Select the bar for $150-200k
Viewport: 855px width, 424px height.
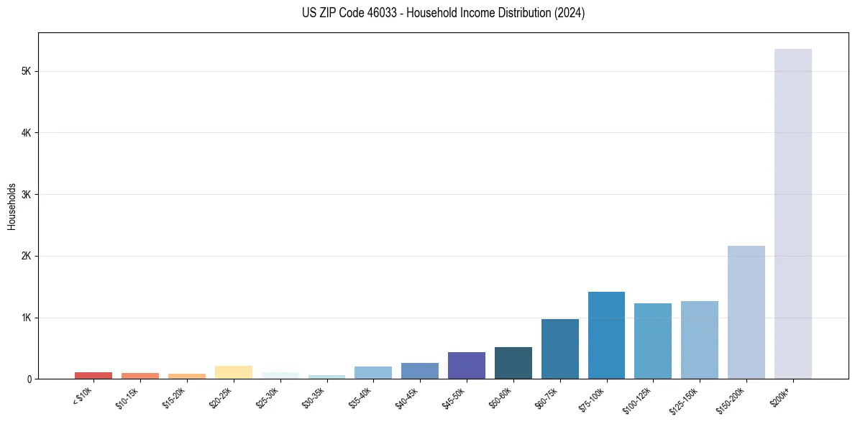pos(746,312)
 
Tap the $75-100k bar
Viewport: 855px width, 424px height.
pos(606,335)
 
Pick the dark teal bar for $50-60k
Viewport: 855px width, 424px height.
pos(513,363)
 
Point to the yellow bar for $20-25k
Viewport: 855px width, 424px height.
pos(233,372)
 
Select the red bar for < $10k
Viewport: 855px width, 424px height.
pos(93,375)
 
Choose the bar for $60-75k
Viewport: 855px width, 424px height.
pos(559,349)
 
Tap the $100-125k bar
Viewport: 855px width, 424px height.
pos(653,341)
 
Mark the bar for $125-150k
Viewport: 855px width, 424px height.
pos(699,340)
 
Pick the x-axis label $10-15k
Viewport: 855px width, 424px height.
pos(129,397)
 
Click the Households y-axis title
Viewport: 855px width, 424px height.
pos(12,206)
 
